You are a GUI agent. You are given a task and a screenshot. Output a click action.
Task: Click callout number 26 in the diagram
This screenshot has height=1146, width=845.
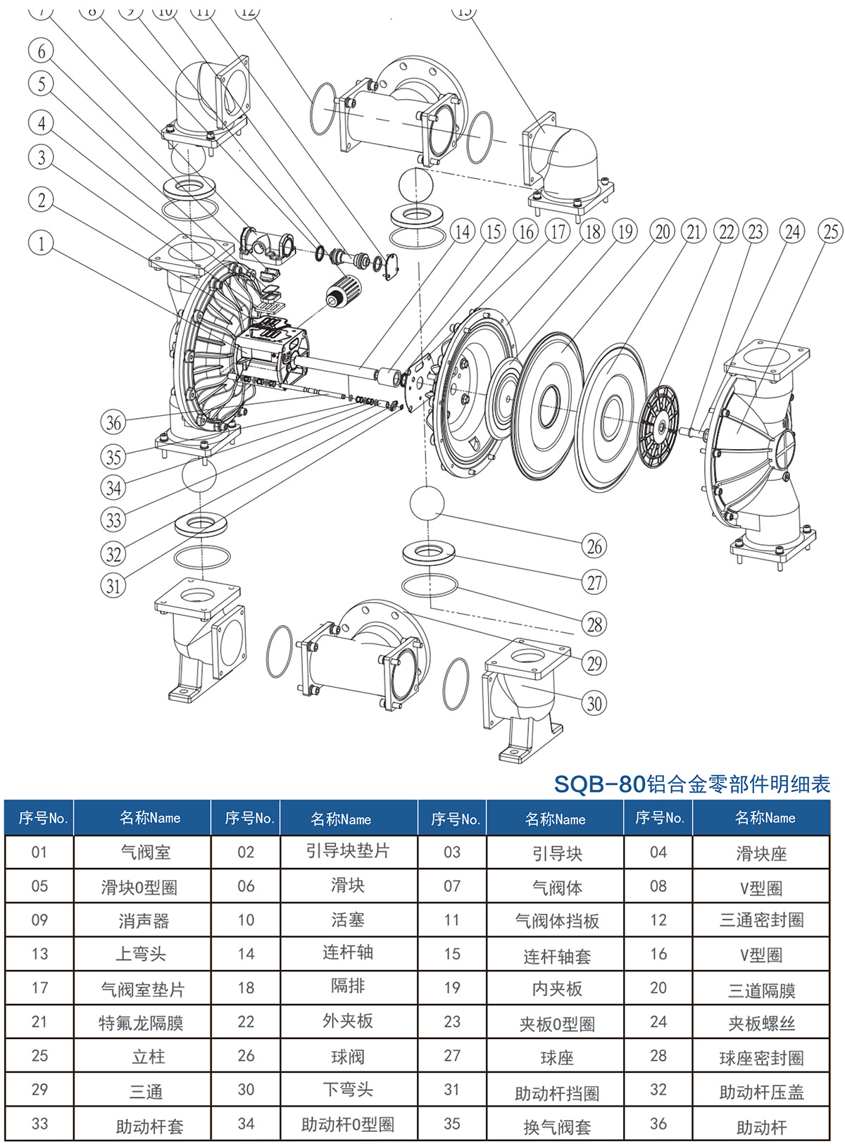pyautogui.click(x=595, y=546)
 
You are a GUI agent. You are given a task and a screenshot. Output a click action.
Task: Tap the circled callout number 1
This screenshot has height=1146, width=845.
pyautogui.click(x=41, y=244)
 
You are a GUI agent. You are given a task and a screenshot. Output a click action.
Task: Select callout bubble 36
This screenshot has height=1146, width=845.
pyautogui.click(x=114, y=422)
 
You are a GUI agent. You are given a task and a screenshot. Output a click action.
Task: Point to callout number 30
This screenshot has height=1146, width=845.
pyautogui.click(x=595, y=703)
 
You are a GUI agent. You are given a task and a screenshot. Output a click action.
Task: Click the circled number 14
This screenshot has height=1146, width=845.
pyautogui.click(x=462, y=232)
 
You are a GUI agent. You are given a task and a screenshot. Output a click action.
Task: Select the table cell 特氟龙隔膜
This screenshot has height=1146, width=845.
pyautogui.click(x=142, y=1022)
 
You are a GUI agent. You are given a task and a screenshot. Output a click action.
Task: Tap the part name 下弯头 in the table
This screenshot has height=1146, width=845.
pyautogui.click(x=348, y=1089)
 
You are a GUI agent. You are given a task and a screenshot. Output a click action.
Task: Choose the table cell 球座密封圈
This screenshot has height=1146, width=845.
pyautogui.click(x=761, y=1057)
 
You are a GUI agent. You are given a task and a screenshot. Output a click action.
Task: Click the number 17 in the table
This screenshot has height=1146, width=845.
pyautogui.click(x=39, y=988)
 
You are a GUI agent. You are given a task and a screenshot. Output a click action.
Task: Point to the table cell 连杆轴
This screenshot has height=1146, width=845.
pyautogui.click(x=348, y=952)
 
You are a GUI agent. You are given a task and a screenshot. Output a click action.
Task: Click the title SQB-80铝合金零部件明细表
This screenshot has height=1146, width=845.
pyautogui.click(x=691, y=783)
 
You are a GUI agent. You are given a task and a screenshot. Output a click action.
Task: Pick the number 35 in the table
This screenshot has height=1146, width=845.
pyautogui.click(x=452, y=1124)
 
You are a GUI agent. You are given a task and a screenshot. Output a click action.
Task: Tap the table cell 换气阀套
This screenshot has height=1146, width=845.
pyautogui.click(x=557, y=1126)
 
